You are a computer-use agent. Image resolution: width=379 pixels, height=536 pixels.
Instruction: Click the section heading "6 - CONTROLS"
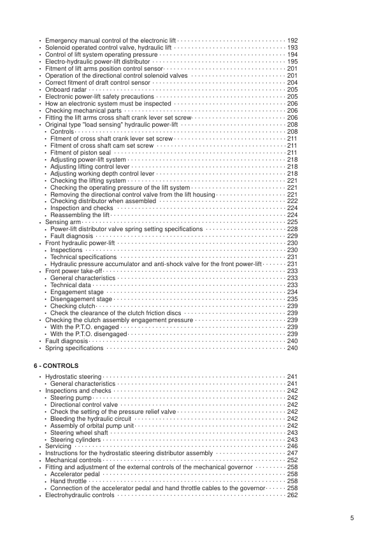coord(55,366)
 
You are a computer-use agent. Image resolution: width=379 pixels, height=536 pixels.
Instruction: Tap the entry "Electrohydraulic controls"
coord(80,495)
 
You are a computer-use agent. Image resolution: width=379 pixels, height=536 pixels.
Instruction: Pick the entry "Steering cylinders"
coord(76,440)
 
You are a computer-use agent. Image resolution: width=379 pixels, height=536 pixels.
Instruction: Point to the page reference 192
coord(292,41)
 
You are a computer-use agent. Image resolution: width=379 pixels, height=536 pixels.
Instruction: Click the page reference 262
coord(292,495)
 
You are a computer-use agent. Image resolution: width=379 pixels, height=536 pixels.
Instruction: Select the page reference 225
coord(292,222)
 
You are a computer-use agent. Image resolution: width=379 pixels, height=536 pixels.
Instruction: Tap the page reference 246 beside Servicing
coord(292,446)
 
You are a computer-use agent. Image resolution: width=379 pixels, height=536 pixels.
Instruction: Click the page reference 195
coord(292,62)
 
